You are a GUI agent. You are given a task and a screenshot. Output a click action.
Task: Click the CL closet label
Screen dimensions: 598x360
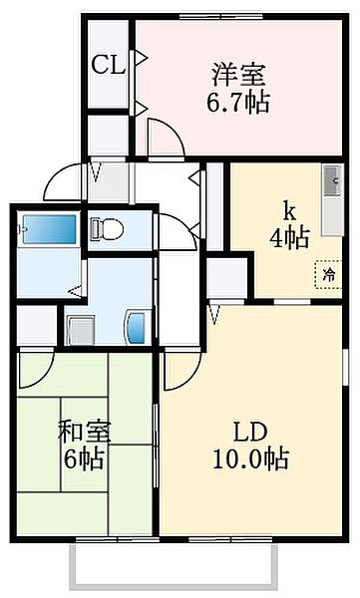pos(108,66)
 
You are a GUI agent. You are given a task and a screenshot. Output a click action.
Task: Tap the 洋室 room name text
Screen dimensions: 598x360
pos(238,75)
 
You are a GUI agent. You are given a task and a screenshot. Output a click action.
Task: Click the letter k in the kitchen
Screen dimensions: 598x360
pos(289,211)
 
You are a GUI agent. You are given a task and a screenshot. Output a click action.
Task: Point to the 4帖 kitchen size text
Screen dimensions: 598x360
pos(290,237)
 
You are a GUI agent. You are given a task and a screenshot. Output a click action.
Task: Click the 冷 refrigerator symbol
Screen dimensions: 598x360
pos(326,271)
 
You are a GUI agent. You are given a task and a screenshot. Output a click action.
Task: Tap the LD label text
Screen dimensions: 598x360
pos(249,434)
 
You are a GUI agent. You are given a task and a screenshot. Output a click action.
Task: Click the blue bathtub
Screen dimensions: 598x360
pos(49,230)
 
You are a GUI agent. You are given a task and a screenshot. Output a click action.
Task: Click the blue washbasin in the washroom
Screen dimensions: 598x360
pos(137,326)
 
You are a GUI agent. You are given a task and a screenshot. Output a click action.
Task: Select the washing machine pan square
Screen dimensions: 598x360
pos(81,328)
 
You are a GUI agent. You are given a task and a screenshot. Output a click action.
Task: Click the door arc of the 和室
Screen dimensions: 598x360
pos(38,371)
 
